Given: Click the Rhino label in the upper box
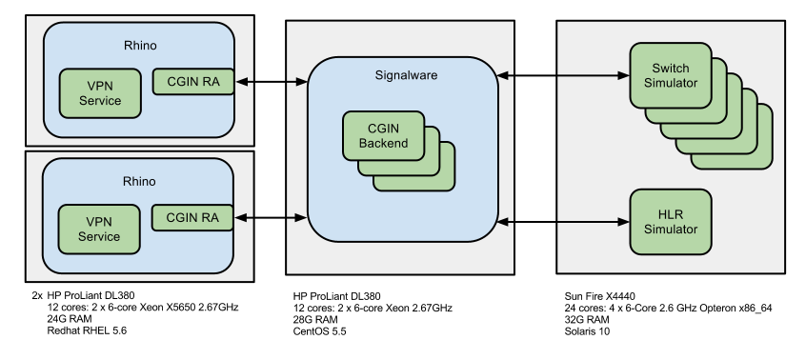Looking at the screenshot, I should point(140,45).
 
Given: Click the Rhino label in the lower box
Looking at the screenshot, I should point(140,181).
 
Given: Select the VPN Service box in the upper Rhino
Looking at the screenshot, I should point(100,92).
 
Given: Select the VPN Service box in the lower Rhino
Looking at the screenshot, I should point(99,229).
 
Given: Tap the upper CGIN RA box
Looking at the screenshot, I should point(192,81).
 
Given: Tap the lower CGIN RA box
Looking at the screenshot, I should point(192,217).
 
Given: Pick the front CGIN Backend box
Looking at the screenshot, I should point(383,135).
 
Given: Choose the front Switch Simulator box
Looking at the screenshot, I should point(671,74).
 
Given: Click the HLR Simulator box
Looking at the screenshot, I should point(671,221).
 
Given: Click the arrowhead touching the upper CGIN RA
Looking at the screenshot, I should point(240,82).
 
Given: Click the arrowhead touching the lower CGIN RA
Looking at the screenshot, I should point(240,219).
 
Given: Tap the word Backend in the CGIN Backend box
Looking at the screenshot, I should point(383,144).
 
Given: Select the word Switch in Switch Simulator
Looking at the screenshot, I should point(671,68).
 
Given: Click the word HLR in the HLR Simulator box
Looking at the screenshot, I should point(671,214).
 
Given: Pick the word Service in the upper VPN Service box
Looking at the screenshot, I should point(100,100).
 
